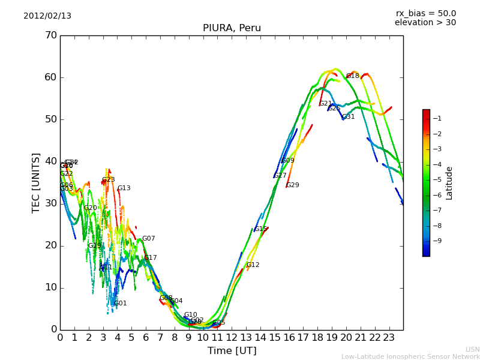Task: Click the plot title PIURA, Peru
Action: click(x=232, y=28)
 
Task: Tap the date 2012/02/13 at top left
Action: click(x=47, y=16)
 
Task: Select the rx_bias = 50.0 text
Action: click(x=425, y=14)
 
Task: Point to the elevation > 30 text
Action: click(x=425, y=23)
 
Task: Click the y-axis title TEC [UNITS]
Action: click(x=36, y=182)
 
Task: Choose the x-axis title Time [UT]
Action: click(x=232, y=351)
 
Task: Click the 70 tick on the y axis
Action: click(x=51, y=35)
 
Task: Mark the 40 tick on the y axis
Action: click(x=51, y=161)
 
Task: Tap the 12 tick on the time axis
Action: click(x=232, y=338)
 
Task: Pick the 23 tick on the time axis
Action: click(x=389, y=338)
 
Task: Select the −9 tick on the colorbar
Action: click(x=438, y=241)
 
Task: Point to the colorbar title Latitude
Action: click(x=449, y=183)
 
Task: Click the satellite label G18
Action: click(x=353, y=76)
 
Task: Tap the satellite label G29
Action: click(x=293, y=185)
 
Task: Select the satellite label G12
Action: click(x=253, y=265)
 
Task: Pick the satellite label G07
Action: click(x=149, y=239)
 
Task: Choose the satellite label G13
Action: click(x=124, y=188)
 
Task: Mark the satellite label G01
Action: click(x=121, y=304)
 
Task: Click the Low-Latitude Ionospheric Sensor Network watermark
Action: click(x=410, y=356)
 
